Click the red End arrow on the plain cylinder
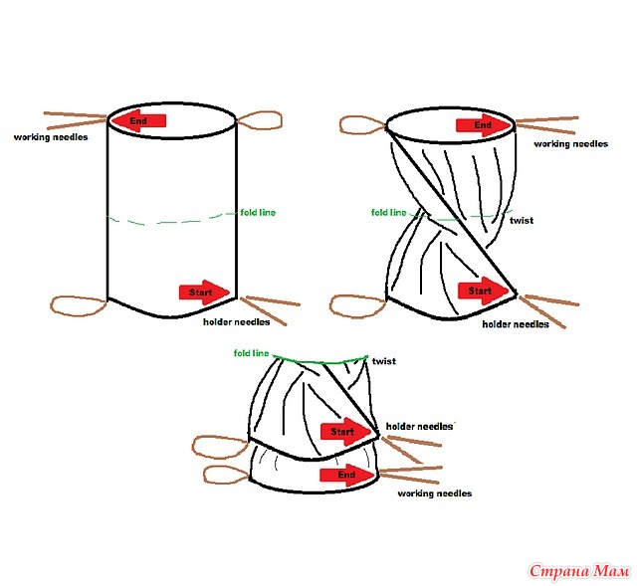point(138,120)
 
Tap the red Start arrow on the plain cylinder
point(204,292)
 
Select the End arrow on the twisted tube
point(484,125)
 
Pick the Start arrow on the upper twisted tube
point(483,291)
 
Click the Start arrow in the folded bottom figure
point(345,432)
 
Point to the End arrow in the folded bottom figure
point(347,476)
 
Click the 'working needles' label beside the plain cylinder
point(51,137)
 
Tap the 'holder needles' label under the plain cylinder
point(237,322)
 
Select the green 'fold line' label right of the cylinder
point(258,212)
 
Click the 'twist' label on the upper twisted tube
point(522,221)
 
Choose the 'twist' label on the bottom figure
point(384,361)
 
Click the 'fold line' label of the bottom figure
point(251,353)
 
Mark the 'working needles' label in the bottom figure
point(435,493)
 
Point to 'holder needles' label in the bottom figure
point(419,427)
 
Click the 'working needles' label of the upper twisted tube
point(570,143)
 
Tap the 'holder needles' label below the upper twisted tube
point(516,324)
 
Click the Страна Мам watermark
point(579,571)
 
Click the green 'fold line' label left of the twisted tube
point(389,212)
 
